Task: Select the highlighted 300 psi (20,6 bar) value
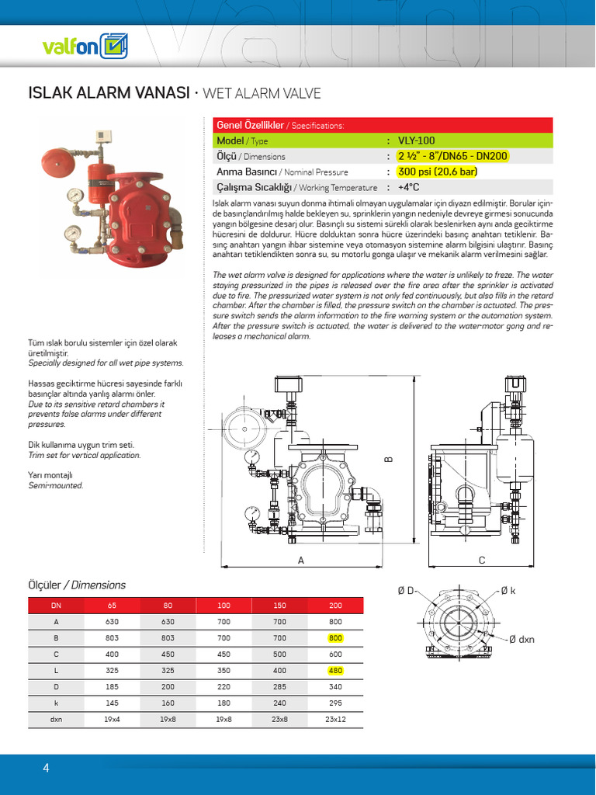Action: [x=437, y=172]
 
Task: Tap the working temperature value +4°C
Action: [x=409, y=187]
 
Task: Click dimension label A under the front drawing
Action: [x=300, y=559]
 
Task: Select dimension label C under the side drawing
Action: [x=481, y=559]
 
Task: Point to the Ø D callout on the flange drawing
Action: [x=405, y=591]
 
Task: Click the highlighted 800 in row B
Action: [x=335, y=637]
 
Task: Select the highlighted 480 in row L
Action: [x=335, y=670]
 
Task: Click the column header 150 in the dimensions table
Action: [x=280, y=605]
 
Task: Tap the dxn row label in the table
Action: [x=57, y=720]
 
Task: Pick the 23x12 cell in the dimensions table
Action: [x=335, y=720]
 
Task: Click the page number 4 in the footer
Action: [x=46, y=769]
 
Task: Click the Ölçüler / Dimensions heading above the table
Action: [x=77, y=585]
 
